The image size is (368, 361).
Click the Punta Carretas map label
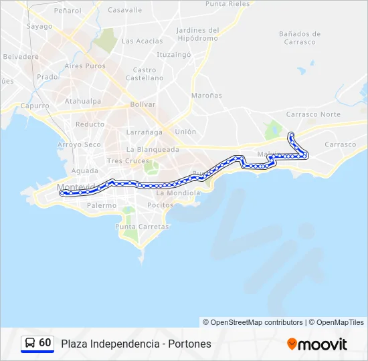point(142,227)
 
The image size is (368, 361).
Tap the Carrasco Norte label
point(312,114)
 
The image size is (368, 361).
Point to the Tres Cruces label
point(128,161)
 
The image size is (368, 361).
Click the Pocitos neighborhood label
point(161,205)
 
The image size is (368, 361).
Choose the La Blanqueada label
point(153,150)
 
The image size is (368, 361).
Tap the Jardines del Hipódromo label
point(198,33)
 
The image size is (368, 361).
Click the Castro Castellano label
point(145,74)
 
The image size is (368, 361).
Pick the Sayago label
point(39,27)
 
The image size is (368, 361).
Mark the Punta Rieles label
point(227,4)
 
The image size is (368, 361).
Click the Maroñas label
point(206,96)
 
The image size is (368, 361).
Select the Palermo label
point(101,206)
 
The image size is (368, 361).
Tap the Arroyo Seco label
point(79,144)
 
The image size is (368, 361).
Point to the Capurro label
point(35,106)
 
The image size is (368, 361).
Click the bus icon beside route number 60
point(30,343)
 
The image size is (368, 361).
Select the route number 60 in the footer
point(45,343)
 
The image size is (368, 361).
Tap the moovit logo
point(317,344)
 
